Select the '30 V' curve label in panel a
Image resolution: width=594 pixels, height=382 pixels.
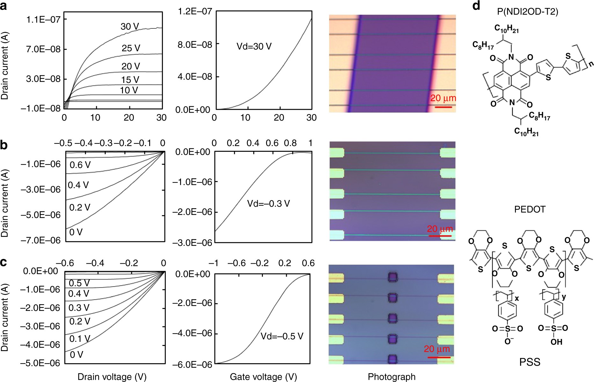tap(130, 26)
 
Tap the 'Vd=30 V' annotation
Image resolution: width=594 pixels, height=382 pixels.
tap(254, 47)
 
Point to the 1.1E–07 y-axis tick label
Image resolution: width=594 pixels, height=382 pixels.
tap(43, 20)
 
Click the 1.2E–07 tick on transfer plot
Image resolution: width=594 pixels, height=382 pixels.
tap(195, 11)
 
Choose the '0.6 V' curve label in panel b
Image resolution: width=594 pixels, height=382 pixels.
tap(80, 165)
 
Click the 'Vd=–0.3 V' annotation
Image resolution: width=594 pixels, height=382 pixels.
tap(268, 203)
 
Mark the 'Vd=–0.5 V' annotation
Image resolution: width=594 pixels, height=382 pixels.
tap(282, 336)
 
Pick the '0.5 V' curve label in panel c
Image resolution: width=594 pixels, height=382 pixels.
tap(79, 283)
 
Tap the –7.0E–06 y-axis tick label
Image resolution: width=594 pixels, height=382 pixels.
tap(40, 240)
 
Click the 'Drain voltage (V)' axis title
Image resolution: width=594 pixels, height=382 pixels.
tap(112, 377)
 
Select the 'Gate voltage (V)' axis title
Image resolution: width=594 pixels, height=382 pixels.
tap(263, 377)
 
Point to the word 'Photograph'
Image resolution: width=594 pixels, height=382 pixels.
tap(392, 377)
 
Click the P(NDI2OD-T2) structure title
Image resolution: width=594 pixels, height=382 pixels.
tap(527, 12)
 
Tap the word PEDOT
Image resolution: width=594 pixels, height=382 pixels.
tap(530, 209)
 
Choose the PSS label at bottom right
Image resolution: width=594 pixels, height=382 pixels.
tap(530, 362)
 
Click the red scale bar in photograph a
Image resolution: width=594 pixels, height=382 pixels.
tap(443, 107)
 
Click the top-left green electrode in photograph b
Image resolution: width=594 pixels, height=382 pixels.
tap(337, 152)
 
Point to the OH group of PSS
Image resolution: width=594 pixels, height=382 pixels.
tap(556, 342)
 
